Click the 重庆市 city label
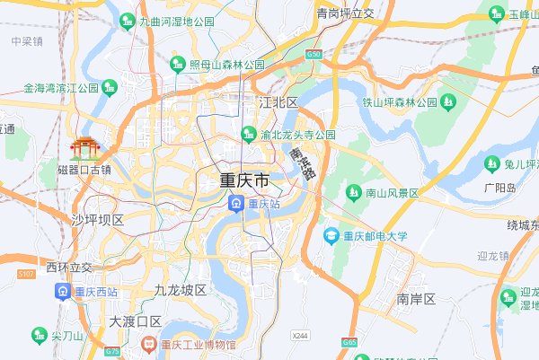coord(244,180)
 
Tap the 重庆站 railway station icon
coord(235,204)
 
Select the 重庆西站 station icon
coord(63,291)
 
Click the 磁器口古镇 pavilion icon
coord(85,147)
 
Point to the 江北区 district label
coord(278,102)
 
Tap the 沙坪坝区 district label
coord(97,220)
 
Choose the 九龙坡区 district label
coord(180,290)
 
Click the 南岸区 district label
coord(416,298)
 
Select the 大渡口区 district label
coord(135,320)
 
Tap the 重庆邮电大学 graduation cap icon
coord(331,236)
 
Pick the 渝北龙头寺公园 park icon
coord(248,135)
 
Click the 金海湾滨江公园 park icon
coord(110,88)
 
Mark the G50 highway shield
coord(313,55)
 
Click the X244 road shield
coord(300,335)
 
